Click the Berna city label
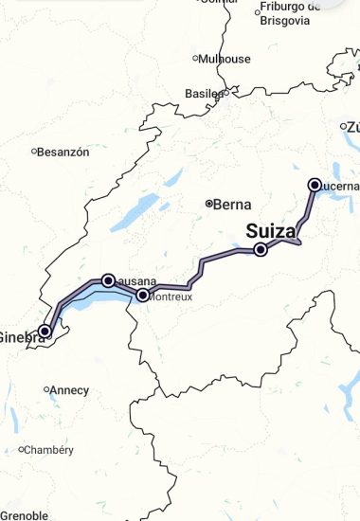(233, 204)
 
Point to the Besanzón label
(64, 152)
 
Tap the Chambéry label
(49, 450)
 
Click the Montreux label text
(171, 296)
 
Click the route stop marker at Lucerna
(315, 185)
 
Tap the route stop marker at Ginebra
(45, 331)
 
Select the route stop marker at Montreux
(143, 295)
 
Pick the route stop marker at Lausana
(108, 279)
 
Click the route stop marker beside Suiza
(261, 250)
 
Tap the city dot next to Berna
(209, 204)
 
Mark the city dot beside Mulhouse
(195, 59)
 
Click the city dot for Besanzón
(33, 152)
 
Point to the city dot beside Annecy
(46, 389)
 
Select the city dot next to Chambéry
(21, 450)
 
